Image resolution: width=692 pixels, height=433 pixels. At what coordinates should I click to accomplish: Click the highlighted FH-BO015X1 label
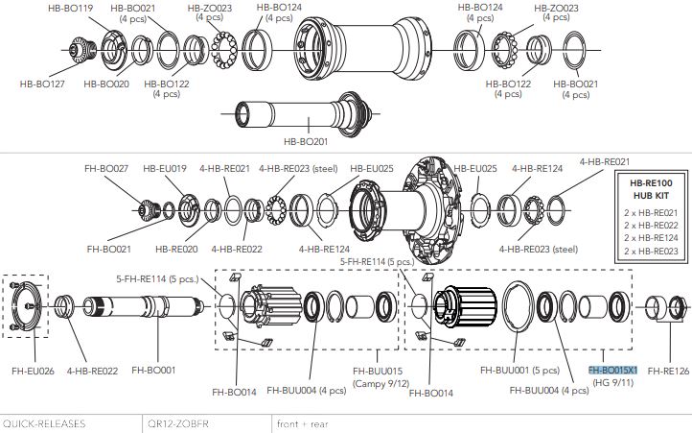612,370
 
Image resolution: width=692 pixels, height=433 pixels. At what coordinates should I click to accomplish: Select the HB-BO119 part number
70,7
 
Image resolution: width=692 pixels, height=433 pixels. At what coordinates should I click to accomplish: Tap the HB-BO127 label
43,84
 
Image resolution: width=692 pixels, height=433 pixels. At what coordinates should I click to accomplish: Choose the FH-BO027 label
107,168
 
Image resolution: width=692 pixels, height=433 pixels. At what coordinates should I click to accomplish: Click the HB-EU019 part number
165,168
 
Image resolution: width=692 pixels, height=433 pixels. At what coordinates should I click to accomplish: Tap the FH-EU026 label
34,369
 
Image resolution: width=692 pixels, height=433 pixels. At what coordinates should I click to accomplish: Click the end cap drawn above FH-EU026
28,307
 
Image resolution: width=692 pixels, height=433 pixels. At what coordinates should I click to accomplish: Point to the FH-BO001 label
153,369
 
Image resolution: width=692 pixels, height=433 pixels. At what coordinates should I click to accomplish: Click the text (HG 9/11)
612,382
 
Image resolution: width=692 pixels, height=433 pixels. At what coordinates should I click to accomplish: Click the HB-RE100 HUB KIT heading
652,188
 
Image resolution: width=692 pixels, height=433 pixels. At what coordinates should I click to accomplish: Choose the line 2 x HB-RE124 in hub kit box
652,237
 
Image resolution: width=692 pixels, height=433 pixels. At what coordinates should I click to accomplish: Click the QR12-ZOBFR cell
177,422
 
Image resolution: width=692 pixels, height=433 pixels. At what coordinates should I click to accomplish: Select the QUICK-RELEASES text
44,422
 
